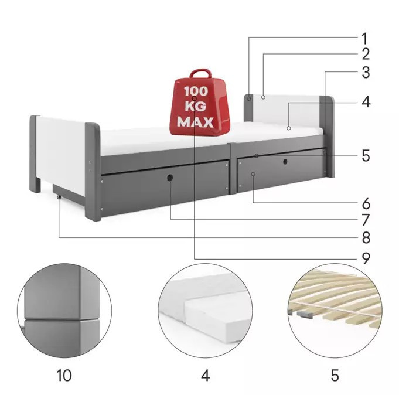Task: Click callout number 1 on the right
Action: pos(365,39)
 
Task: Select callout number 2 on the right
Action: pos(366,54)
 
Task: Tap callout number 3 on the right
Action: pos(366,73)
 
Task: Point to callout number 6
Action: pos(366,203)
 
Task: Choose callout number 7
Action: pos(366,220)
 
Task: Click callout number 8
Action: pos(366,238)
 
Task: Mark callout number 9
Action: pos(366,258)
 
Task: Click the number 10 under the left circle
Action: pos(64,376)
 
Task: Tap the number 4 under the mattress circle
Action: pos(205,376)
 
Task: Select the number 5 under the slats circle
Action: pos(335,376)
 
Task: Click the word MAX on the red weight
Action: pos(196,122)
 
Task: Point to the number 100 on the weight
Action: pos(196,91)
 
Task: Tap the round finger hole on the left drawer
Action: pos(170,178)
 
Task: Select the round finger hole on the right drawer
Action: pos(285,162)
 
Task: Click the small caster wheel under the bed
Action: pos(59,197)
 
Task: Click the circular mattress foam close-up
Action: pos(205,310)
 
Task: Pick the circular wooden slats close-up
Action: pos(335,310)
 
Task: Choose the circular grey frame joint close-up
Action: pos(64,310)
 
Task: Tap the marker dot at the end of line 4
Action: pos(289,128)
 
